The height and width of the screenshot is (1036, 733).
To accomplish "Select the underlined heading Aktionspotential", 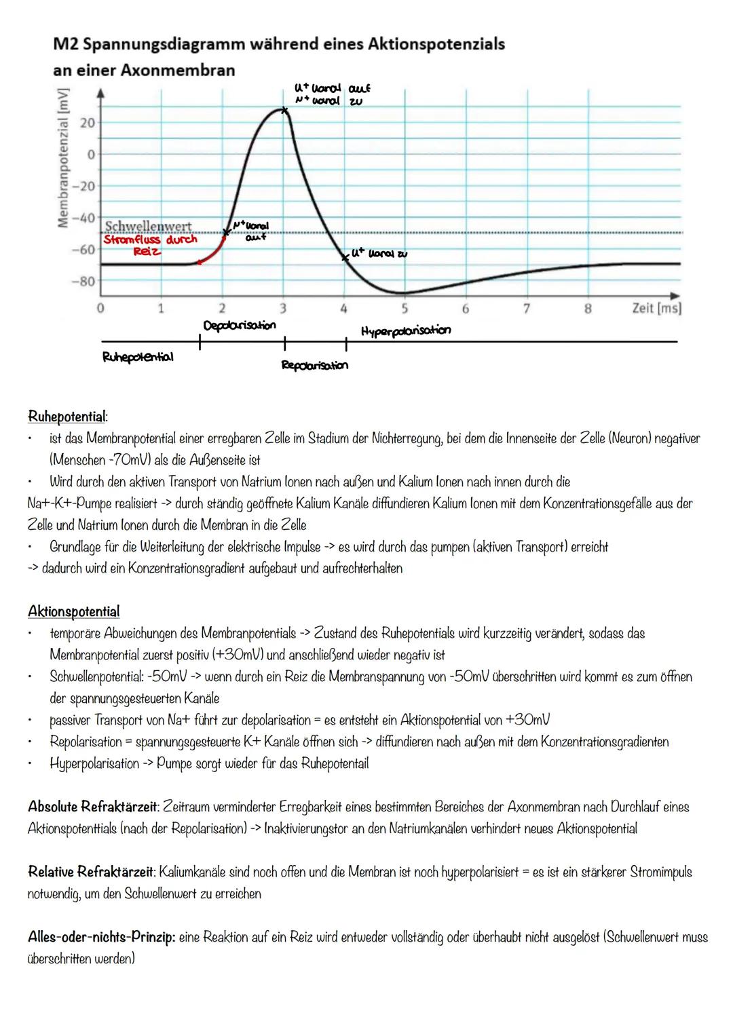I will [73, 611].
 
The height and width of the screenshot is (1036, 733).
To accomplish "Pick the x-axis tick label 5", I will [405, 309].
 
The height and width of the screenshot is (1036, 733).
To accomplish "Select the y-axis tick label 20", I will [87, 123].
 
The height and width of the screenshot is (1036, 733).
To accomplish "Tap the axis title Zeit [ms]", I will [656, 308].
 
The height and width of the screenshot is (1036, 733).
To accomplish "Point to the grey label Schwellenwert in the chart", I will [148, 225].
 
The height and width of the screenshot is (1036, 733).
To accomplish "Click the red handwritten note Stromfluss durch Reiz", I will [150, 245].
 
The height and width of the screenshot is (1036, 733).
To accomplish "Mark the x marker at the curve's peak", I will [285, 109].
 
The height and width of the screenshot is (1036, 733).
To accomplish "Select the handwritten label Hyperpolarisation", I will [406, 330].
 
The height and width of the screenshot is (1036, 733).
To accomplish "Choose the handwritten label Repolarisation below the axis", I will [315, 366].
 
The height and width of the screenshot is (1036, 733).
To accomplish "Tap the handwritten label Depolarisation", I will [240, 326].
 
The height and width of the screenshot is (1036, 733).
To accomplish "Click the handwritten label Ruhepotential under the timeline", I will [137, 356].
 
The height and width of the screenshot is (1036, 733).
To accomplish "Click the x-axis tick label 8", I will [588, 309].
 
